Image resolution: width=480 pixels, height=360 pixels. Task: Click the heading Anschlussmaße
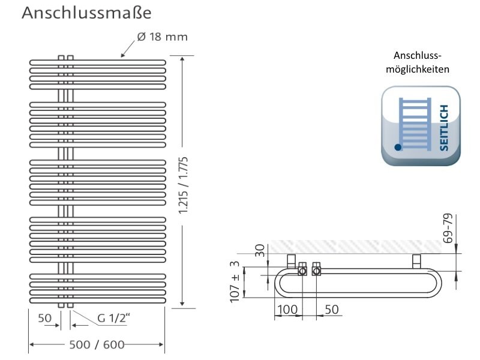point(86,13)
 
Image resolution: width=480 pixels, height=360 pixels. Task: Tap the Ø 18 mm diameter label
point(162,37)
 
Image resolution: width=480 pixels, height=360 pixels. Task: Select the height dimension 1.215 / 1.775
point(184,185)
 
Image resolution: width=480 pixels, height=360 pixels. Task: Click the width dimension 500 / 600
point(97,344)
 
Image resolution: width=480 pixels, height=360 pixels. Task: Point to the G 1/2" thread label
point(113,319)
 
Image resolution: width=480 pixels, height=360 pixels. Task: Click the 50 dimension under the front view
point(44,318)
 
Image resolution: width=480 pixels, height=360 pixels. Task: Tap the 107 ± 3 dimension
point(235,282)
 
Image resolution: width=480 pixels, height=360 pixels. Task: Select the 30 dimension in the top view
point(260,250)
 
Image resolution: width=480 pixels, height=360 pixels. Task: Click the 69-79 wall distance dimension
point(448,229)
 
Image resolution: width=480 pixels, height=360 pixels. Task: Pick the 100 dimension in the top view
point(287,310)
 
